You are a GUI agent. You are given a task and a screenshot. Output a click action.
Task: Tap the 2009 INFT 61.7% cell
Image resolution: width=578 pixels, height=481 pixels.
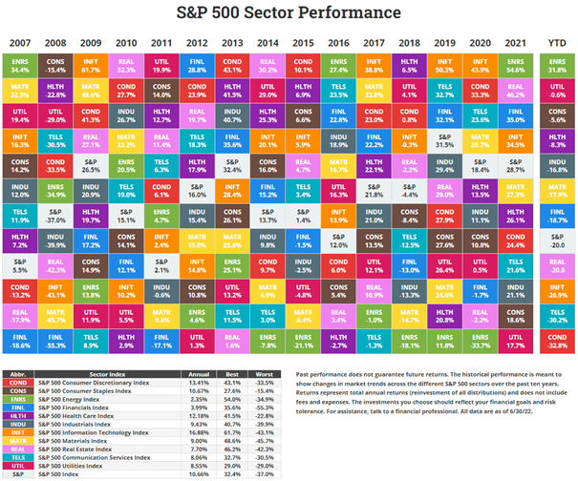tap(92, 64)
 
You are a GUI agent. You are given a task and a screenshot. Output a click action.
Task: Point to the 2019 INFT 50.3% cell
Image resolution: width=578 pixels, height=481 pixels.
tap(444, 64)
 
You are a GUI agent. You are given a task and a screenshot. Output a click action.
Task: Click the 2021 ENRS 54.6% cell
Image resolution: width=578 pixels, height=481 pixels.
tap(515, 64)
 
